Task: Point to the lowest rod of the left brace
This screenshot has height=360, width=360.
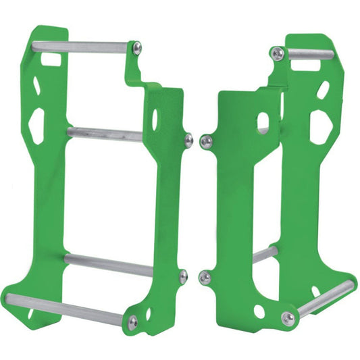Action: pos(68,307)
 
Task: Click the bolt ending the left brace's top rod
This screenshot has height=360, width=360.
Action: pos(138,47)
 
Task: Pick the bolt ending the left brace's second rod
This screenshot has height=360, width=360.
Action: pos(188,140)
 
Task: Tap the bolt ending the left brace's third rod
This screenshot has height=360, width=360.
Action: pos(182,274)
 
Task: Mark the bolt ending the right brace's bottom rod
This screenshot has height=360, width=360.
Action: pos(288,318)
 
